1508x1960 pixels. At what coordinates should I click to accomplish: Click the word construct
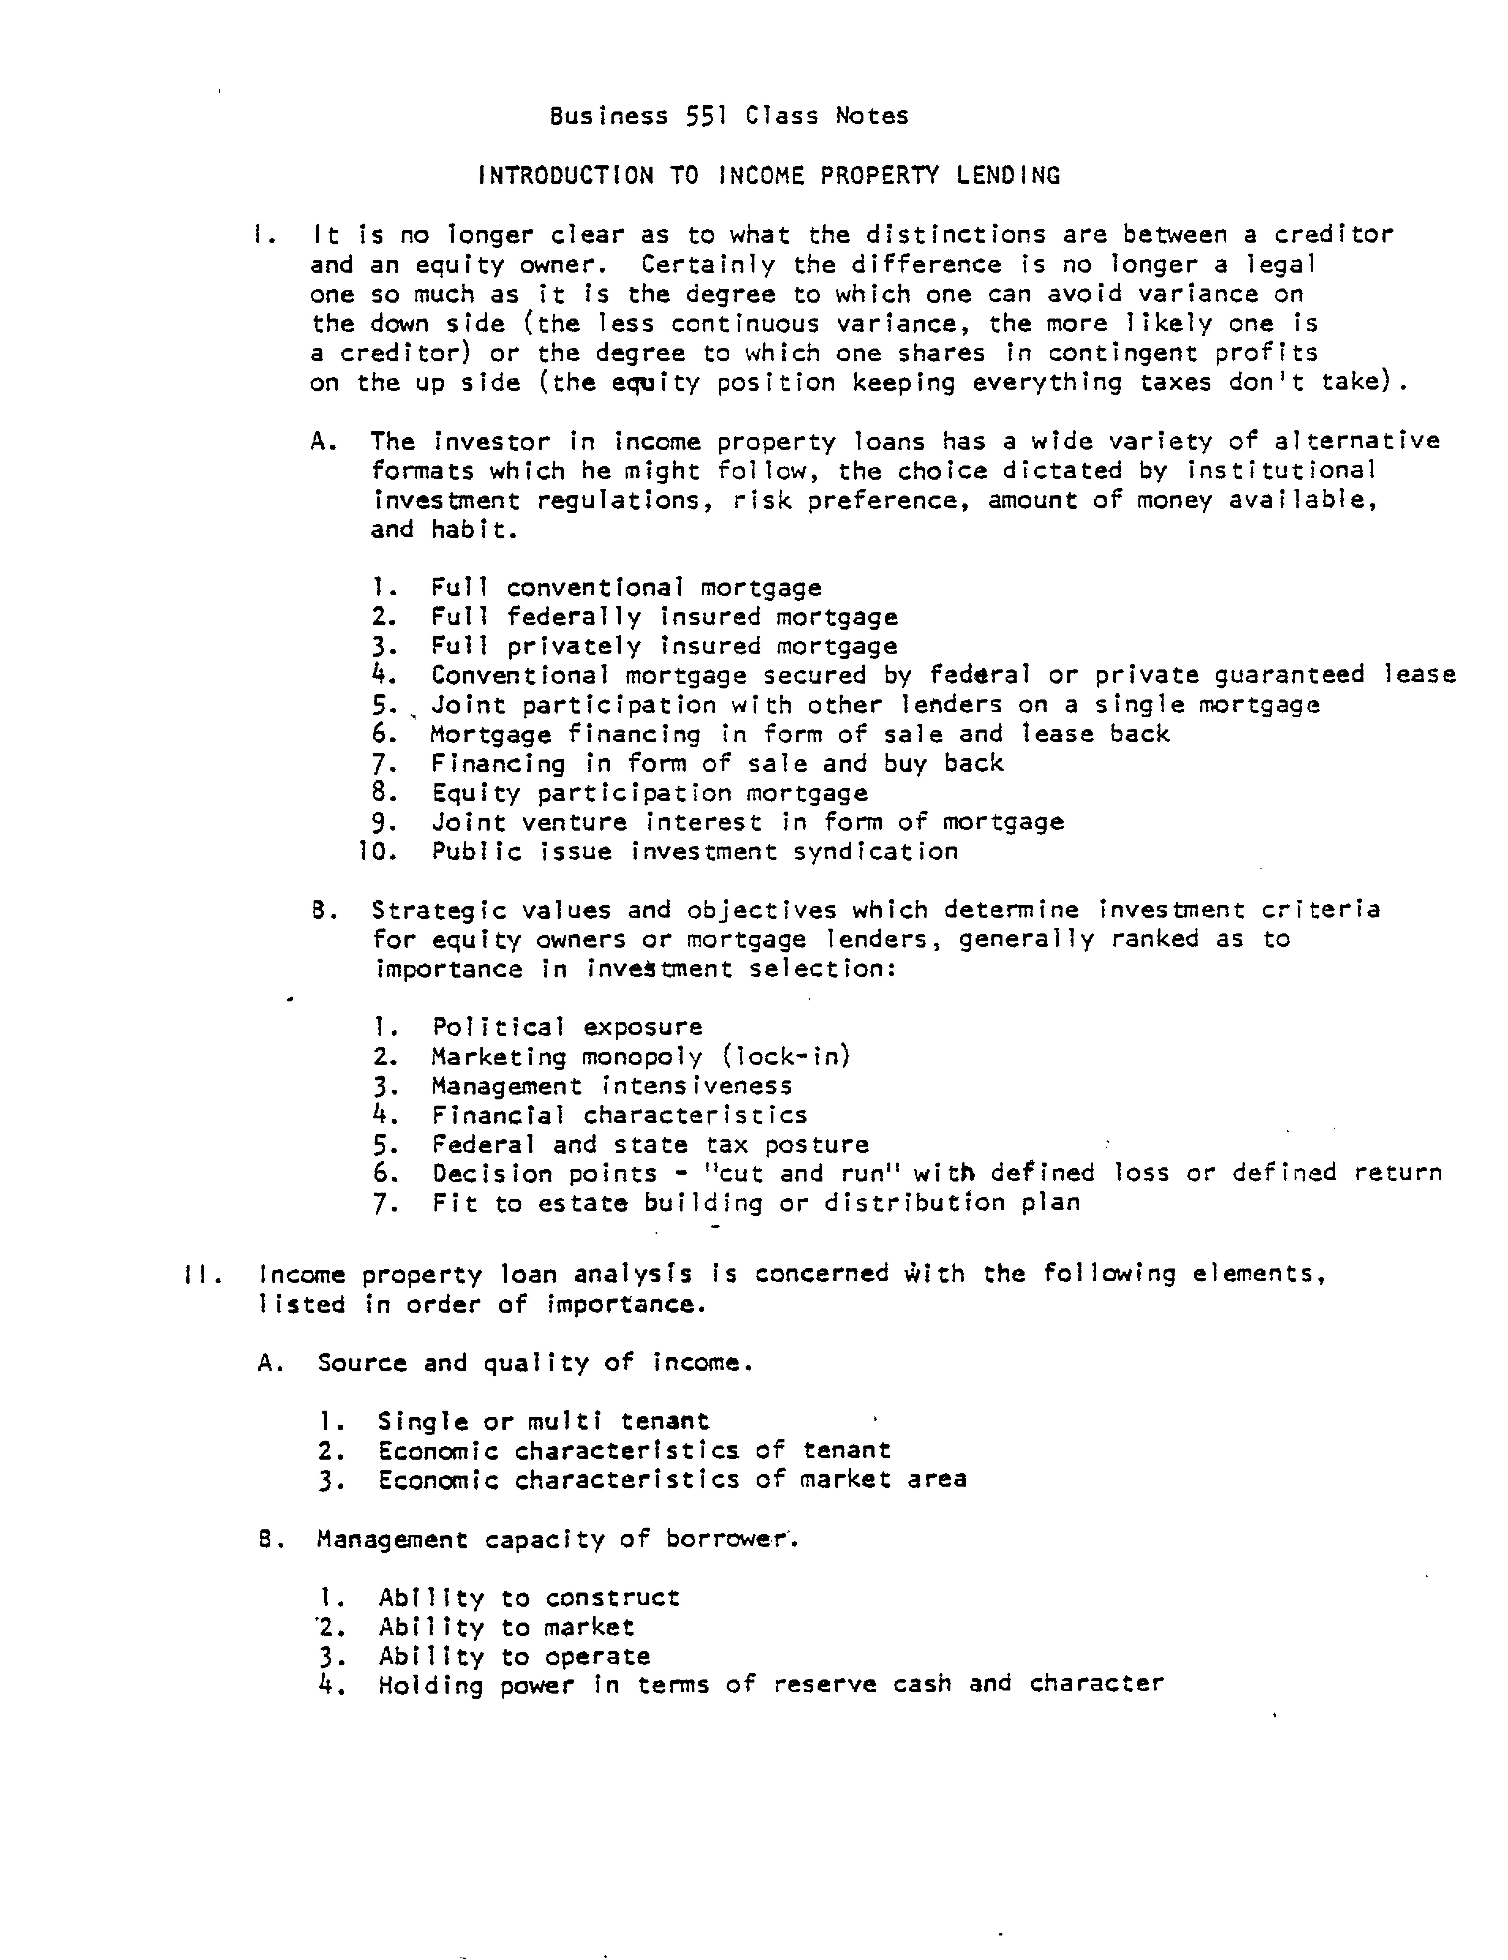[613, 1597]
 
